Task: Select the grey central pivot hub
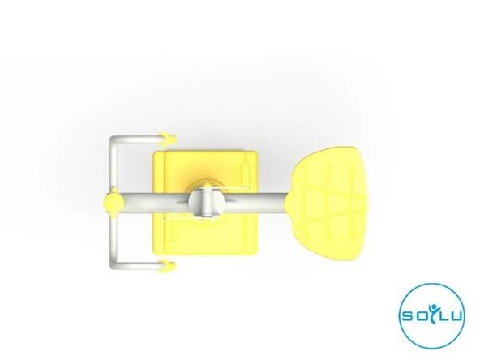point(208,201)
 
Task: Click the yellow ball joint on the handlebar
point(114,202)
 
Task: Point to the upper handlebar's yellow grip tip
point(168,139)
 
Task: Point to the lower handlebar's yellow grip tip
point(168,266)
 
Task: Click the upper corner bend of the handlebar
point(114,140)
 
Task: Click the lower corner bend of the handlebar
point(114,264)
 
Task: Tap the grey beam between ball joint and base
point(156,203)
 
